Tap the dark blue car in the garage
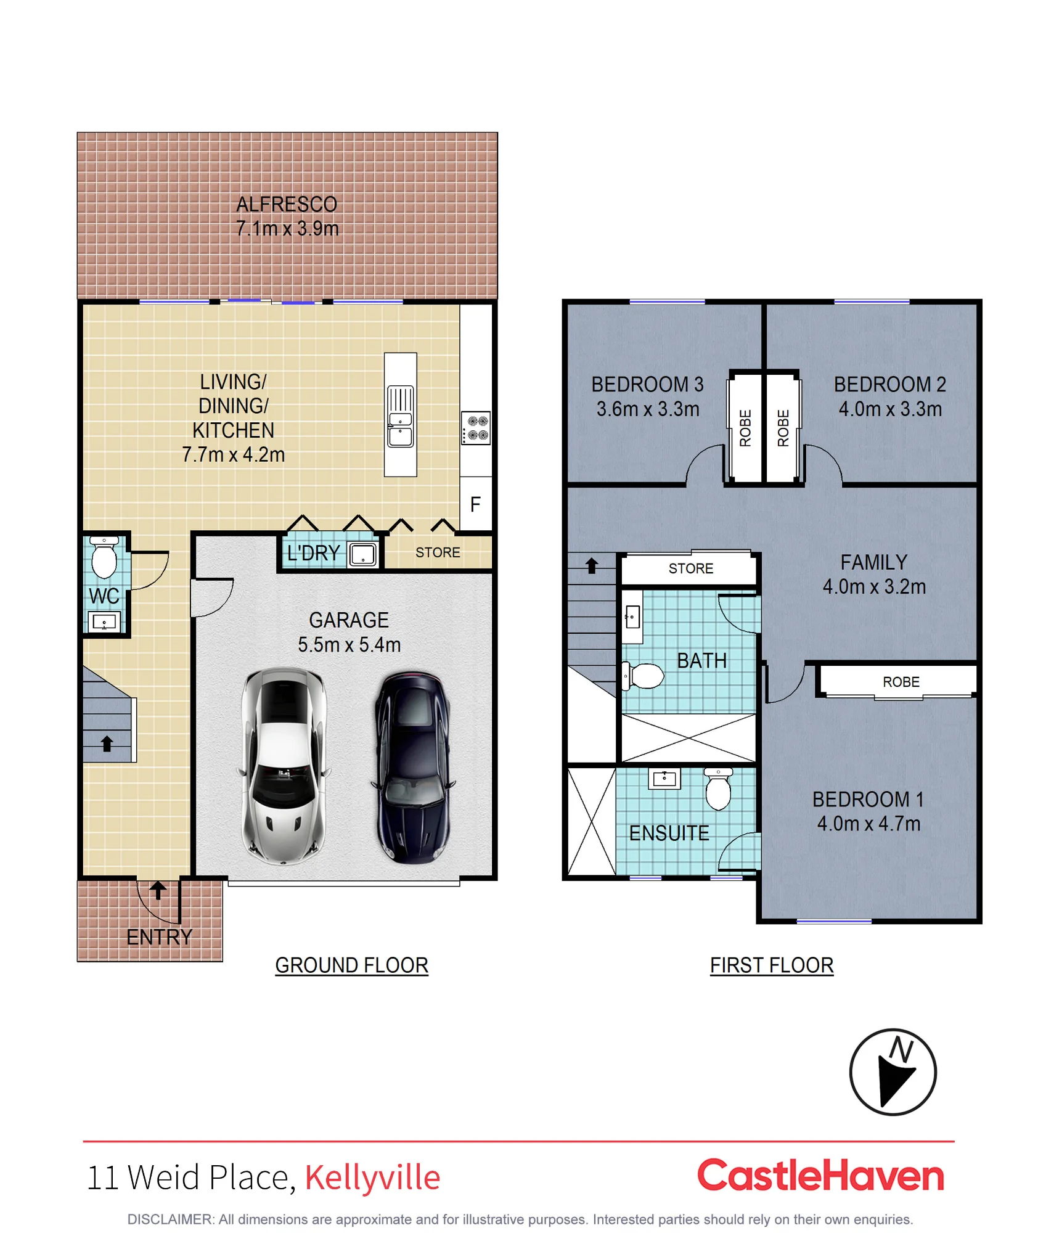tap(412, 768)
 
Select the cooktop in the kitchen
tap(476, 428)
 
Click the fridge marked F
tap(476, 504)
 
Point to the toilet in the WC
tap(104, 557)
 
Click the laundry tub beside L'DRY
tap(362, 554)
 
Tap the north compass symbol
tap(893, 1072)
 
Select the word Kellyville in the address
tap(372, 1177)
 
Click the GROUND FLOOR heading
tap(351, 965)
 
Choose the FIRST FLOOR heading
tap(772, 965)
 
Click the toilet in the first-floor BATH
tap(642, 676)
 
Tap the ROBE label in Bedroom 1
tap(901, 682)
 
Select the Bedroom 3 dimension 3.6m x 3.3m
tap(648, 409)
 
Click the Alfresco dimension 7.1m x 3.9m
tap(287, 229)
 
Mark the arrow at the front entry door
tap(158, 890)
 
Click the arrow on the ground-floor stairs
tap(107, 743)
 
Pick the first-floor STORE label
tap(691, 568)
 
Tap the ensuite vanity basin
tap(664, 779)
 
